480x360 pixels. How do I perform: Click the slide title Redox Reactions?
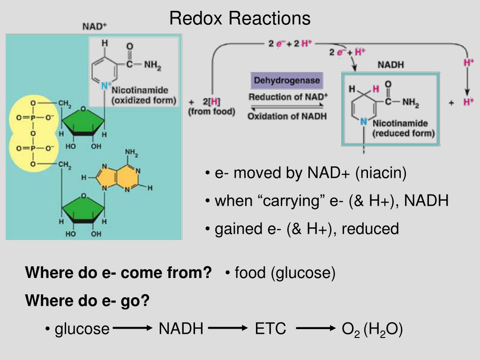click(x=240, y=18)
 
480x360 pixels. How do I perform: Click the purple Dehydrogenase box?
click(x=287, y=81)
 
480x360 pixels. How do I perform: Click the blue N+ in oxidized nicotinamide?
click(x=106, y=85)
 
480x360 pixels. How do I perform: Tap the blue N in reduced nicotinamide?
click(x=364, y=122)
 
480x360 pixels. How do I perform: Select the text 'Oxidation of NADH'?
click(x=287, y=116)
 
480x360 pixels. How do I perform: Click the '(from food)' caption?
click(x=211, y=112)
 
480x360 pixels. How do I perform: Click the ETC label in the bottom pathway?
click(x=270, y=329)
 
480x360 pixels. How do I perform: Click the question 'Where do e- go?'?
click(x=87, y=300)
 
